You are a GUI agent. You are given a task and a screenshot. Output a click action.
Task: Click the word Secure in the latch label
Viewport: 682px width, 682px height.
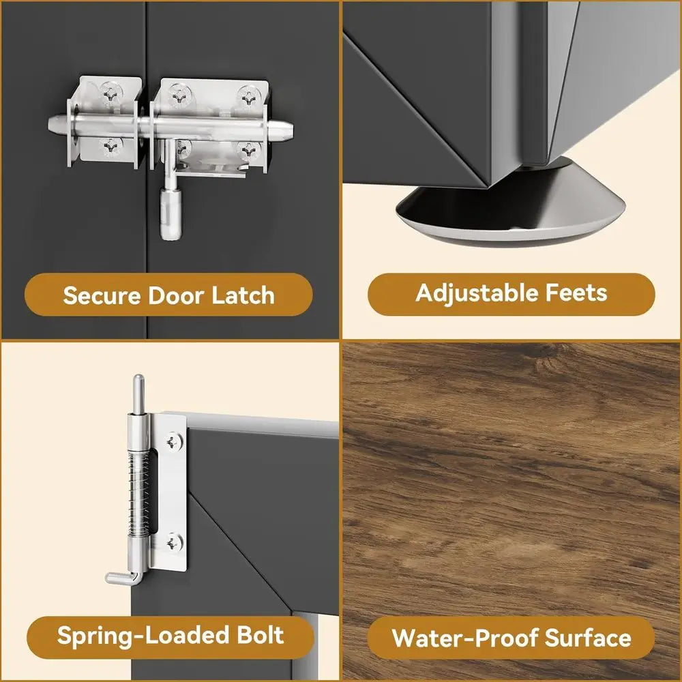coord(102,295)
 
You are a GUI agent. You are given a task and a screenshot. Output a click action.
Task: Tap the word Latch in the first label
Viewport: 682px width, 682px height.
coord(243,295)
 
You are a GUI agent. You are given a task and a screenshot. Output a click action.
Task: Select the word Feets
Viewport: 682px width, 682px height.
coord(576,293)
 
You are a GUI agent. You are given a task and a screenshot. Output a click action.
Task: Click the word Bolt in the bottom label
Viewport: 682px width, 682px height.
coord(260,635)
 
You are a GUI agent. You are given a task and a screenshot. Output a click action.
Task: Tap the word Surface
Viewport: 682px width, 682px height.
coord(588,638)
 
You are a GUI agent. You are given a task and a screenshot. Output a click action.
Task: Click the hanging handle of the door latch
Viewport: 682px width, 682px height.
coord(170,211)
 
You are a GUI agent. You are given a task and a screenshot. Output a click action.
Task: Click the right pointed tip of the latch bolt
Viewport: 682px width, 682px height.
coord(288,129)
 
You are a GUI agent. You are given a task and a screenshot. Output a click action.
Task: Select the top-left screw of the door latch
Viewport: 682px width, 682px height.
coord(110,92)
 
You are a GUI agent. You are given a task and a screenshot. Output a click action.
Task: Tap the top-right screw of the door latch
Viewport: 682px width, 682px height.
coord(249,98)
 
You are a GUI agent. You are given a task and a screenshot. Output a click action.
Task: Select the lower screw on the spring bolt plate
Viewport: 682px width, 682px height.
coord(173,542)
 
